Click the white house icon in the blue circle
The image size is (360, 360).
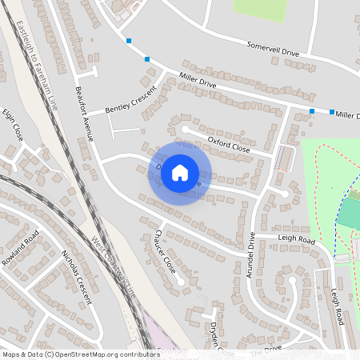tap(180, 172)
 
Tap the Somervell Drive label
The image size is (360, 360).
tap(273, 49)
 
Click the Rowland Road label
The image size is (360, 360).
tap(20, 248)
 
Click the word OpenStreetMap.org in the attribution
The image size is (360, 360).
tap(95, 354)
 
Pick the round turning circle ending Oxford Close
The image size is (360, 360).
tap(186, 128)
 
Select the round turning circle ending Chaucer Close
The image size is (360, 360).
tap(183, 281)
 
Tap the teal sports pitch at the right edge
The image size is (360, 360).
tap(349, 213)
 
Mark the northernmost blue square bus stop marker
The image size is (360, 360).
tap(128, 40)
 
